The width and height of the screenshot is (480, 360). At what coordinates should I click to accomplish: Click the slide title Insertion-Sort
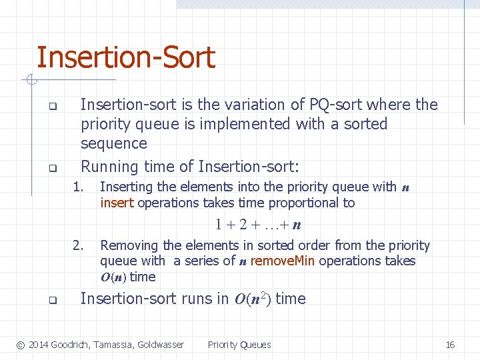click(125, 57)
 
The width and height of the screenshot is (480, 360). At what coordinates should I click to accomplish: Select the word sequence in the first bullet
click(113, 143)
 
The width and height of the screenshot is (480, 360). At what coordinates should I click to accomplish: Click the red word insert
click(117, 203)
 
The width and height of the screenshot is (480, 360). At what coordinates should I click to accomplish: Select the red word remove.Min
click(283, 261)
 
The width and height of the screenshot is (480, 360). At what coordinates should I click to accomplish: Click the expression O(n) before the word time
click(113, 277)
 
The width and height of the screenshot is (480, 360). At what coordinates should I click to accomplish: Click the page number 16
click(450, 345)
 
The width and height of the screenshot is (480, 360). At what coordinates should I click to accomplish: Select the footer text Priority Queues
click(239, 345)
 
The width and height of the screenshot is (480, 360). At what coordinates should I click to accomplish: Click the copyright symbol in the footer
click(21, 345)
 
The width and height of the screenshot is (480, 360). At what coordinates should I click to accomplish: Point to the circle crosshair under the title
click(31, 81)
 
